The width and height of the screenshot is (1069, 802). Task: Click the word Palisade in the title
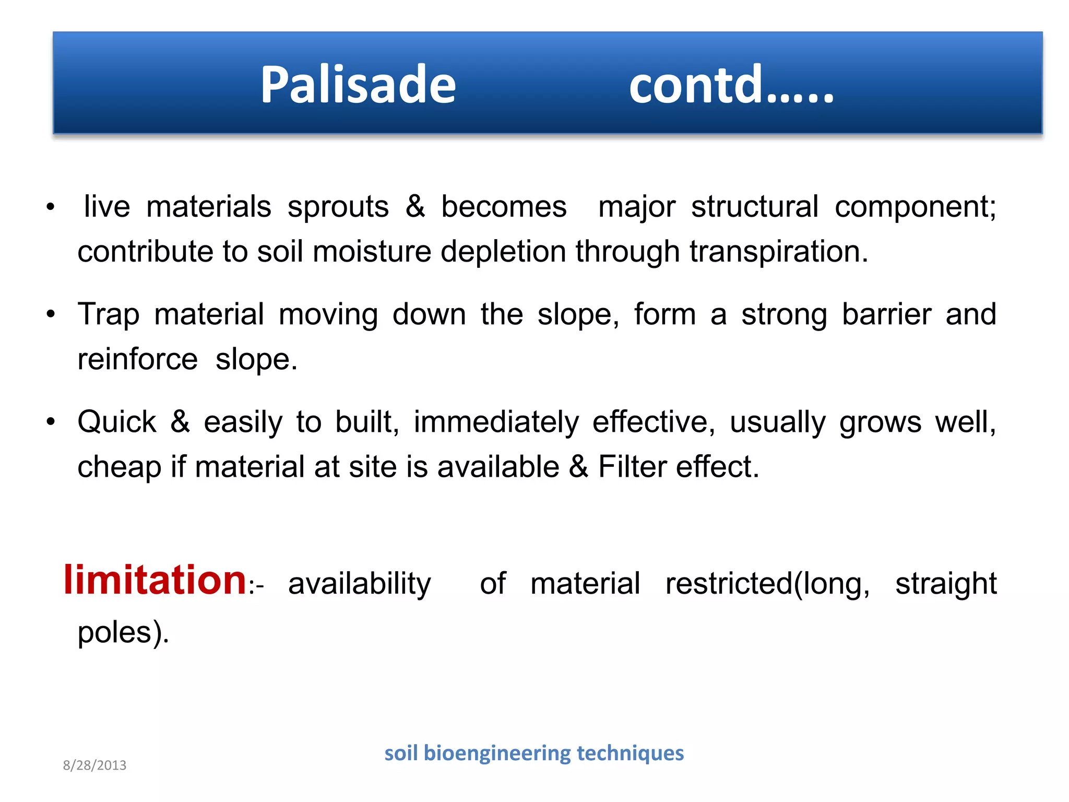point(358,85)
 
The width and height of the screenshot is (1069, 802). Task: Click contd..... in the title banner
point(731,85)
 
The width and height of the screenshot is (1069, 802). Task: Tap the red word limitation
point(155,580)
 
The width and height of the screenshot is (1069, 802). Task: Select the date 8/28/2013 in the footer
point(94,765)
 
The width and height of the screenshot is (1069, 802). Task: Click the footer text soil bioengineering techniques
point(533,753)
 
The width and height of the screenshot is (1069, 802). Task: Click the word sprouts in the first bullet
point(338,207)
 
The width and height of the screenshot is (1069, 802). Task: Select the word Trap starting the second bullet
point(109,315)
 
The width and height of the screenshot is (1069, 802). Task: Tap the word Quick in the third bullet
point(117,422)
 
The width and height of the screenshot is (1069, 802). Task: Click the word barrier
point(886,315)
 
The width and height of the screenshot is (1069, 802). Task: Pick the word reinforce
point(138,360)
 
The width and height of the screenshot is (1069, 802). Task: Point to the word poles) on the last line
point(123,632)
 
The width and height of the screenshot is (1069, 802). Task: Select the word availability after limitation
point(359,584)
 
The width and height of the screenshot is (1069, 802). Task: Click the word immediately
point(496,422)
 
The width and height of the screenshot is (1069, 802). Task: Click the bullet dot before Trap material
point(51,315)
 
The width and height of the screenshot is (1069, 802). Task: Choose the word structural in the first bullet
point(755,207)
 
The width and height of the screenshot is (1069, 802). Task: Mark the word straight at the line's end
point(946,584)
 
